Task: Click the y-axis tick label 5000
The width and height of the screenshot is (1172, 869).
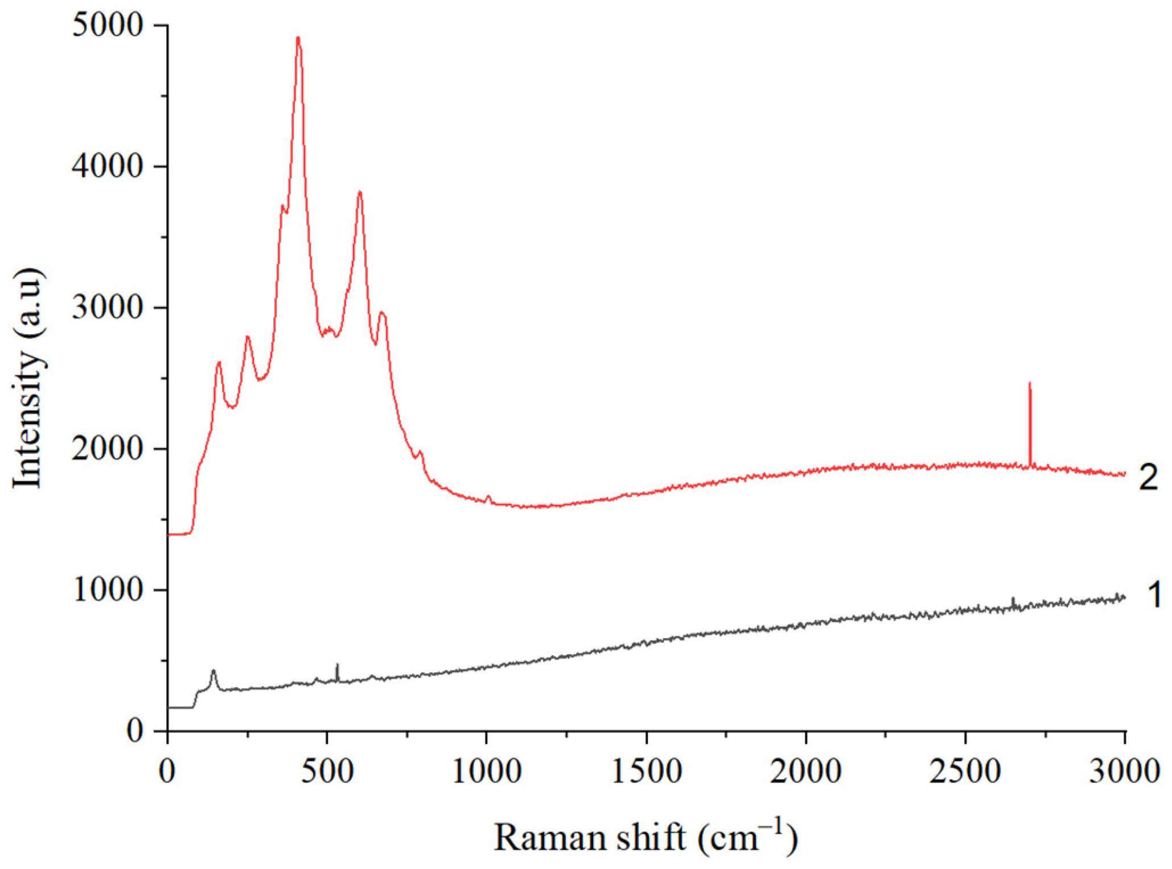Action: click(106, 26)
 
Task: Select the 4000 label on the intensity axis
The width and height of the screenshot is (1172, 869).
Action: click(106, 167)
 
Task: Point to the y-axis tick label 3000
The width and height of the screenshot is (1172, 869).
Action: click(106, 308)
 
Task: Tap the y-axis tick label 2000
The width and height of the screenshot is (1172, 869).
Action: click(106, 449)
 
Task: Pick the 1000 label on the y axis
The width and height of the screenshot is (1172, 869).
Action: click(106, 590)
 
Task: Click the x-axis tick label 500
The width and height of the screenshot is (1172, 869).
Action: click(327, 772)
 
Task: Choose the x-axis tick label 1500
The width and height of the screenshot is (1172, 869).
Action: click(647, 772)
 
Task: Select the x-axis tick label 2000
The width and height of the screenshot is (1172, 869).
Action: click(806, 772)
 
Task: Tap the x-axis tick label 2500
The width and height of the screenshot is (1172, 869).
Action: click(965, 772)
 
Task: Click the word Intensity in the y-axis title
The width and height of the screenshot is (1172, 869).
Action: click(27, 419)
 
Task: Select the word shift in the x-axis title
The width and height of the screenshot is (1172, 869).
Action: click(651, 837)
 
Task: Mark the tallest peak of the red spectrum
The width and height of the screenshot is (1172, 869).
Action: click(298, 39)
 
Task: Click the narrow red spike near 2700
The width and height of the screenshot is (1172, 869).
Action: click(1030, 385)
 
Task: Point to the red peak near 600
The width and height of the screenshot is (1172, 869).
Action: click(360, 192)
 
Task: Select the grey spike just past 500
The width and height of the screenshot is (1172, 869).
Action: click(337, 665)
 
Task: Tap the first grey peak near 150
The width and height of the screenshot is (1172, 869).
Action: click(213, 672)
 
